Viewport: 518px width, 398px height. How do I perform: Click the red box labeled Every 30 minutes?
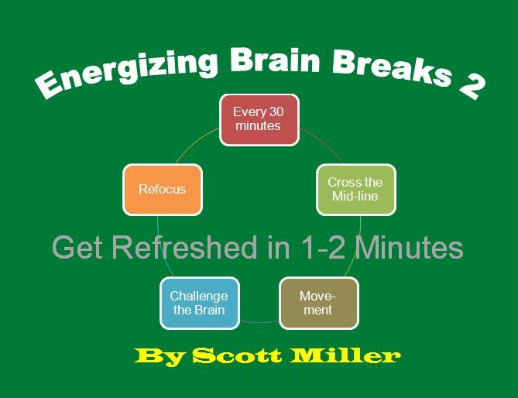pyautogui.click(x=259, y=119)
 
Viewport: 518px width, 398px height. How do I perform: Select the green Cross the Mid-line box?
pyautogui.click(x=355, y=189)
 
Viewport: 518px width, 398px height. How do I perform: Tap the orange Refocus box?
pyautogui.click(x=162, y=189)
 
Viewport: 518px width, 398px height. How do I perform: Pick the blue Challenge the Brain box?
pyautogui.click(x=199, y=303)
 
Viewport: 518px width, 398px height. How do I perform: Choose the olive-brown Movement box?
pyautogui.click(x=317, y=303)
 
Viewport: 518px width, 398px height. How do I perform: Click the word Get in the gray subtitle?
pyautogui.click(x=74, y=248)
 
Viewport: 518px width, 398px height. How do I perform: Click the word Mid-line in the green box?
pyautogui.click(x=355, y=196)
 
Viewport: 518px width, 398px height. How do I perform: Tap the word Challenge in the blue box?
pyautogui.click(x=199, y=296)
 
